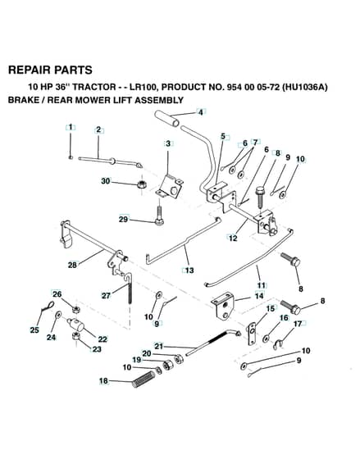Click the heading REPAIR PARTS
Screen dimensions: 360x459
(x=50, y=70)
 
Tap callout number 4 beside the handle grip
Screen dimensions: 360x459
(x=201, y=111)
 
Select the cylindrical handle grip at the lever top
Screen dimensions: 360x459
(x=167, y=119)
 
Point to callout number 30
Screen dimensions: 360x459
(x=106, y=181)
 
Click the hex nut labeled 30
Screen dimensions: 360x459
(x=142, y=185)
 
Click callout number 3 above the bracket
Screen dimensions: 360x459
(x=168, y=143)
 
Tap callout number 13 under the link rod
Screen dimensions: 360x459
(x=189, y=270)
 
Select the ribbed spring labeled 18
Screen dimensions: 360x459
(x=144, y=379)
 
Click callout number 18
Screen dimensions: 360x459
(x=103, y=381)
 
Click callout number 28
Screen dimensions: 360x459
(x=72, y=265)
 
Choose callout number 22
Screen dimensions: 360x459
(x=103, y=339)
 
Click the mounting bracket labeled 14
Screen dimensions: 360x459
(x=223, y=306)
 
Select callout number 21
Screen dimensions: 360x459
(x=158, y=346)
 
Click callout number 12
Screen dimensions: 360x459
(x=233, y=238)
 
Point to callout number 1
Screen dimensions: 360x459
(x=71, y=127)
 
